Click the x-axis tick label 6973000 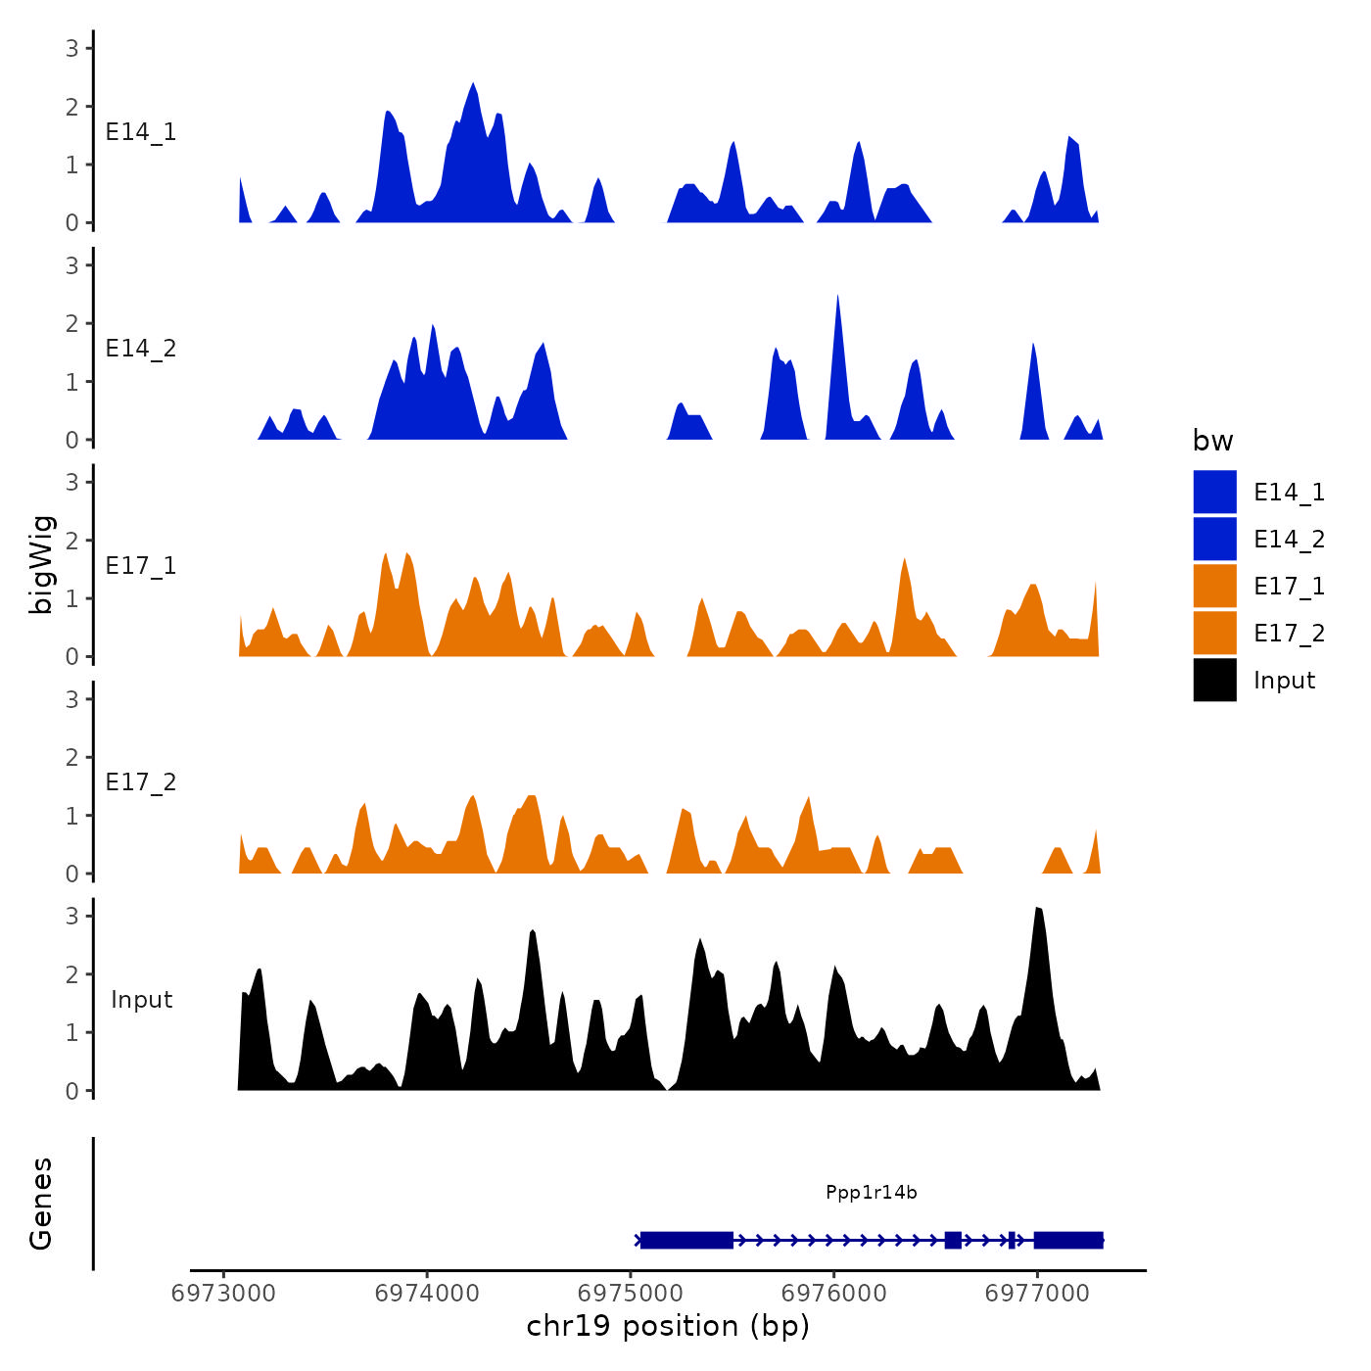(x=223, y=1294)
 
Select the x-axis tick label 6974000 (x=427, y=1294)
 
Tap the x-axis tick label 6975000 (x=631, y=1294)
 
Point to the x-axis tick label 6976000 (x=834, y=1294)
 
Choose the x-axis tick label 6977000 (x=1037, y=1294)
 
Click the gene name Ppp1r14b (x=871, y=1193)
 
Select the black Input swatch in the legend (x=1214, y=681)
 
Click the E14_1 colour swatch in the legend (x=1214, y=492)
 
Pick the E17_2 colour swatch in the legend (x=1214, y=634)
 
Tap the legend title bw (x=1212, y=442)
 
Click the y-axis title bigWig (x=42, y=565)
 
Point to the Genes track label (x=42, y=1204)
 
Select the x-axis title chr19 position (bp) (x=668, y=1326)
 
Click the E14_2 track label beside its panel (x=141, y=349)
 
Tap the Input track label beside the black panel (x=141, y=1000)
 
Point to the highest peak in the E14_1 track (x=473, y=86)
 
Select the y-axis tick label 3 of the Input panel (x=71, y=917)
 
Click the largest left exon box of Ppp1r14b (x=686, y=1241)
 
